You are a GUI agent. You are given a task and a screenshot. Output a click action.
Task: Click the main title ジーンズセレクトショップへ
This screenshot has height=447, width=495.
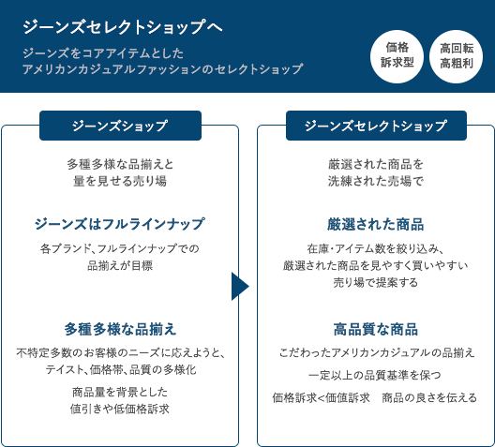pos(123,27)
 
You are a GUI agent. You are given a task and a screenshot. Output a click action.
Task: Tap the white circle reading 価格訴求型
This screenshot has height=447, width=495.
pos(397,56)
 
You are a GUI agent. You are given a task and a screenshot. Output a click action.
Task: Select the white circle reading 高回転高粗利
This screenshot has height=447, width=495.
pos(457,56)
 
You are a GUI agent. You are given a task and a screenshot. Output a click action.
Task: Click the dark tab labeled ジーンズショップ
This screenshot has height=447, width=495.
pos(120,126)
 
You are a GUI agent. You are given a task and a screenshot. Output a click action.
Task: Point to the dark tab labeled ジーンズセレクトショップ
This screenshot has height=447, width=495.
pos(376,126)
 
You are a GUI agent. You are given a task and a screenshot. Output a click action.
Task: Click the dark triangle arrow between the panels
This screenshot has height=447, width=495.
pos(240,287)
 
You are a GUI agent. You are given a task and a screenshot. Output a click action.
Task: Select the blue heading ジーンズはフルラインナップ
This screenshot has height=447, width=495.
pos(120,224)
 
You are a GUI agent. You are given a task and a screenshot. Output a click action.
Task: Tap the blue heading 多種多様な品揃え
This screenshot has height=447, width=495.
pos(120,329)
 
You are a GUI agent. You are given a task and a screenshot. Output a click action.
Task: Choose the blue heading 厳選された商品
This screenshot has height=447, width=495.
pos(376,224)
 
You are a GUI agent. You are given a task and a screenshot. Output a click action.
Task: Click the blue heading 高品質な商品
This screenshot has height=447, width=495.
pos(376,329)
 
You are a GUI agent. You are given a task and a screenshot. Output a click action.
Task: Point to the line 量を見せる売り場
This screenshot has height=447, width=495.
pos(120,181)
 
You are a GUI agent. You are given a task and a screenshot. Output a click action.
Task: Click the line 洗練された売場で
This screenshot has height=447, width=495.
pos(376,181)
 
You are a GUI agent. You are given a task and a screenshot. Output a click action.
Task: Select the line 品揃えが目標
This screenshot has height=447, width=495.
pos(120,265)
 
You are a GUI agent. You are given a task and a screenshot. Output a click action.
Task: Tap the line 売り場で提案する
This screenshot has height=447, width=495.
pos(376,282)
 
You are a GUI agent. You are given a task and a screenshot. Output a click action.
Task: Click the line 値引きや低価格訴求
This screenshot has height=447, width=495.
pos(120,409)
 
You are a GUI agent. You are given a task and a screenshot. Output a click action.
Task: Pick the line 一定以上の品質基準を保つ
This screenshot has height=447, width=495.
pos(375,375)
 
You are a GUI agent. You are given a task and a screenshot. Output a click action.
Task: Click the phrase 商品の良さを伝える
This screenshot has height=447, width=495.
pos(429,397)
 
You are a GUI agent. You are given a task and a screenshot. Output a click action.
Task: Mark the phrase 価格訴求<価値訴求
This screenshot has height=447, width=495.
pos(321,397)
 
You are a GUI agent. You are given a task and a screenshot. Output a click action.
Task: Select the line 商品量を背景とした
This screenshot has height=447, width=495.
pos(120,392)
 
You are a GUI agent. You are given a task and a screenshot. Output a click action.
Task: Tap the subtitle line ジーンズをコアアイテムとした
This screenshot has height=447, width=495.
pos(103,53)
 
